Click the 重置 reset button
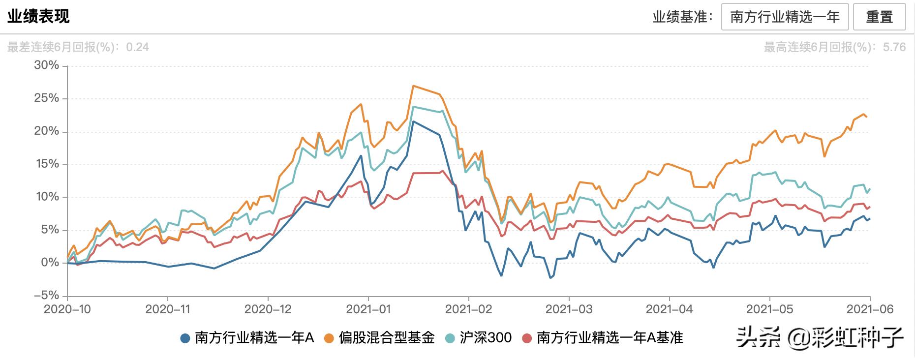coord(879,17)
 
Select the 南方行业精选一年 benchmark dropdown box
coord(785,17)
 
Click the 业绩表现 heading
coord(38,16)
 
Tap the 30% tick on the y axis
coord(46,65)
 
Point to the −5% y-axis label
coord(46,296)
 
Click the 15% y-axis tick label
coord(46,164)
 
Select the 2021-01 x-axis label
coord(368,309)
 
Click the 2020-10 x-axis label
coord(67,309)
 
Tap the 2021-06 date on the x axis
coord(870,309)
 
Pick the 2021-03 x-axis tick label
coord(569,309)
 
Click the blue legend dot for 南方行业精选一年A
coord(185,338)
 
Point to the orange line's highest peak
coord(413,86)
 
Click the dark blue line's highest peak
coord(413,121)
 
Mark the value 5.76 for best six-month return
coord(894,47)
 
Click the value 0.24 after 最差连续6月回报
coord(137,47)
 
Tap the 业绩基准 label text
coord(682,17)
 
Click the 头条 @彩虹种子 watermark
coord(819,338)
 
